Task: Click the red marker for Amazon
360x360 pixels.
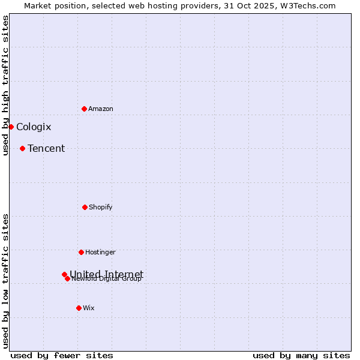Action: (84, 109)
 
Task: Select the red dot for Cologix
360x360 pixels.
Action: (11, 127)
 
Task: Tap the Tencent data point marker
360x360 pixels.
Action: (22, 148)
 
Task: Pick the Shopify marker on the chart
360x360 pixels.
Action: (85, 207)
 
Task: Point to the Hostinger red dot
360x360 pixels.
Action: (81, 252)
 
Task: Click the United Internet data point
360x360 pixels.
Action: (64, 274)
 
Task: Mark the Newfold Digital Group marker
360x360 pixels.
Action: (67, 278)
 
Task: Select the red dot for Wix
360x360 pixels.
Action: (79, 308)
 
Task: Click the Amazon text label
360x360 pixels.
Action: (101, 109)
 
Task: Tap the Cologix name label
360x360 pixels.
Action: (34, 127)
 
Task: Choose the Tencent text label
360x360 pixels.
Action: (46, 148)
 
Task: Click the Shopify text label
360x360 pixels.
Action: (101, 207)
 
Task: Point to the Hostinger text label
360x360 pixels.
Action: (100, 252)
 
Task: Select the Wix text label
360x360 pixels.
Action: (89, 308)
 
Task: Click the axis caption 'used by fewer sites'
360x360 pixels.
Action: (62, 355)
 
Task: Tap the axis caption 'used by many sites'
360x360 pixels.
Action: (301, 355)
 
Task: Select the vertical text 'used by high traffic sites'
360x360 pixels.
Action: (5, 85)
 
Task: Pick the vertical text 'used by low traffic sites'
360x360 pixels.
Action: (5, 281)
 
